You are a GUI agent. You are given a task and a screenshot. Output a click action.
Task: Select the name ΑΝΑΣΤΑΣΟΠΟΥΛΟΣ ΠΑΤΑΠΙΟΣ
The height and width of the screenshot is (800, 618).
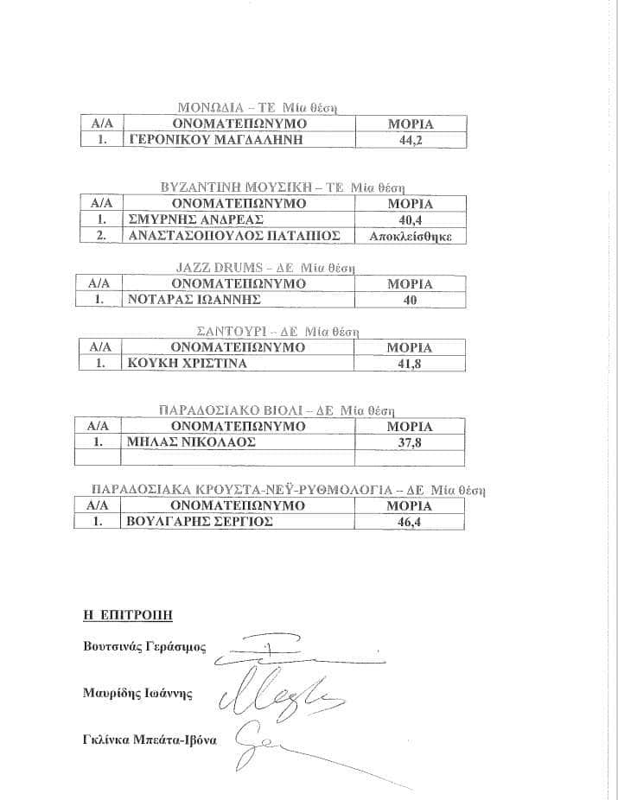click(233, 236)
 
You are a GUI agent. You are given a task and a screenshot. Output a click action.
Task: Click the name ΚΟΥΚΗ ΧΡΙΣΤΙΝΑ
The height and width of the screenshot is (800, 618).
click(187, 364)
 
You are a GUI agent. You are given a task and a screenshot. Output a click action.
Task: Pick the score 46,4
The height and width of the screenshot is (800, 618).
click(409, 523)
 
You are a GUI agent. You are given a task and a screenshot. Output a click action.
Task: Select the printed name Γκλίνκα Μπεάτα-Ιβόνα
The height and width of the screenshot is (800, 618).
click(150, 740)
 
